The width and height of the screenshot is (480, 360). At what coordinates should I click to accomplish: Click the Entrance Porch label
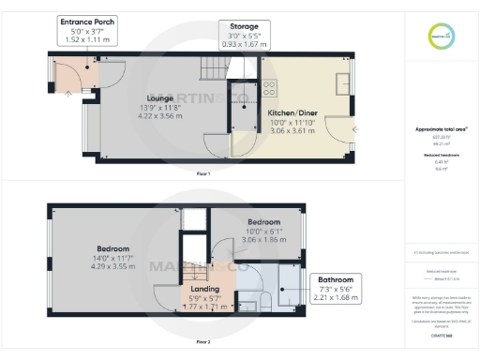tap(88, 21)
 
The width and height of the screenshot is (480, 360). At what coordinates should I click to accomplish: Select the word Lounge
tap(161, 97)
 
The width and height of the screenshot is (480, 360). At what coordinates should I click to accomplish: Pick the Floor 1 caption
tap(202, 174)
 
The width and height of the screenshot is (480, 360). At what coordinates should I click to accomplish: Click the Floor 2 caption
tap(202, 342)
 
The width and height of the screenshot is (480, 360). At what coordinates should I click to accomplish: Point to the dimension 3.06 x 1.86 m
tap(262, 239)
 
